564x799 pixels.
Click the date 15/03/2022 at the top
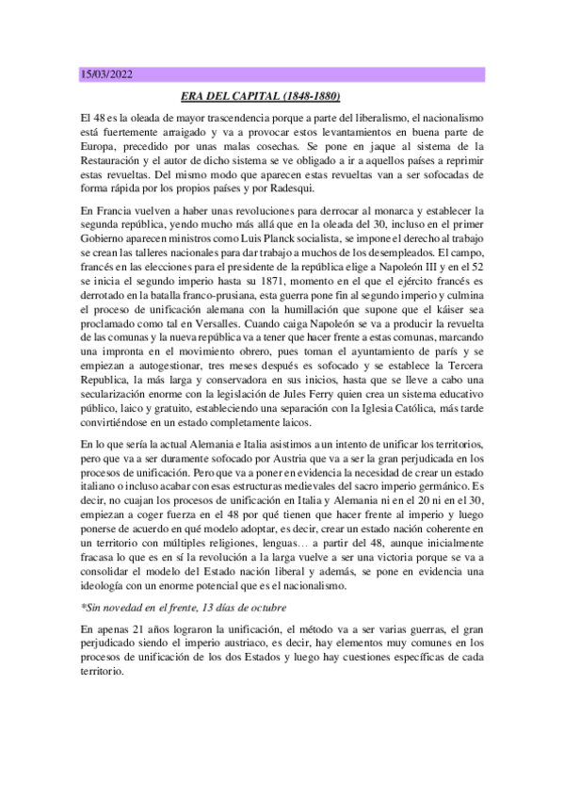[107, 74]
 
